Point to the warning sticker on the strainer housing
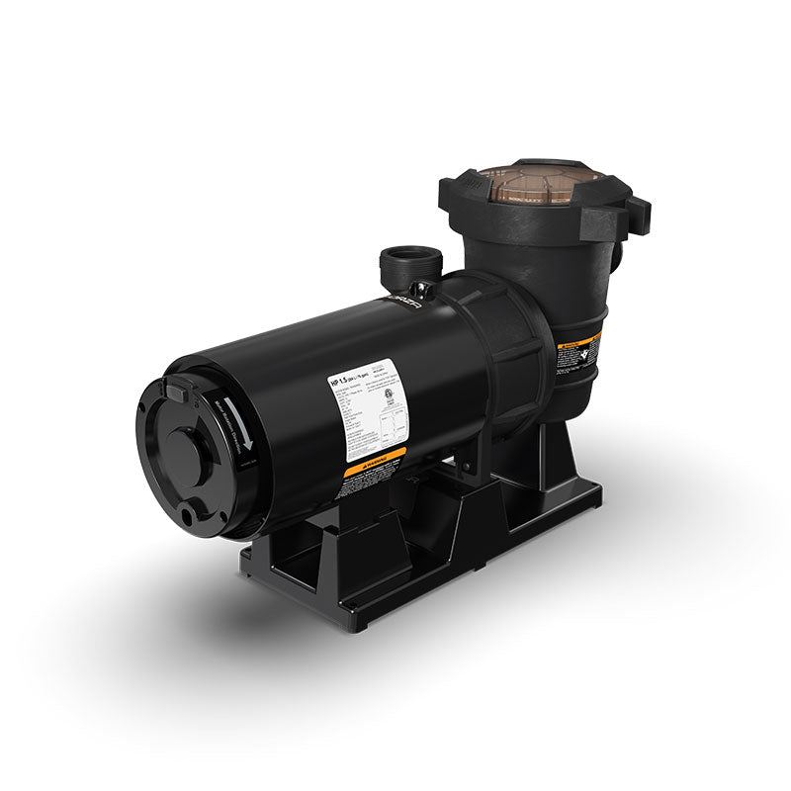[x=578, y=352]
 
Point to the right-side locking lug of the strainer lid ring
[x=638, y=213]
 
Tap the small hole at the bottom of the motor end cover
[x=186, y=514]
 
